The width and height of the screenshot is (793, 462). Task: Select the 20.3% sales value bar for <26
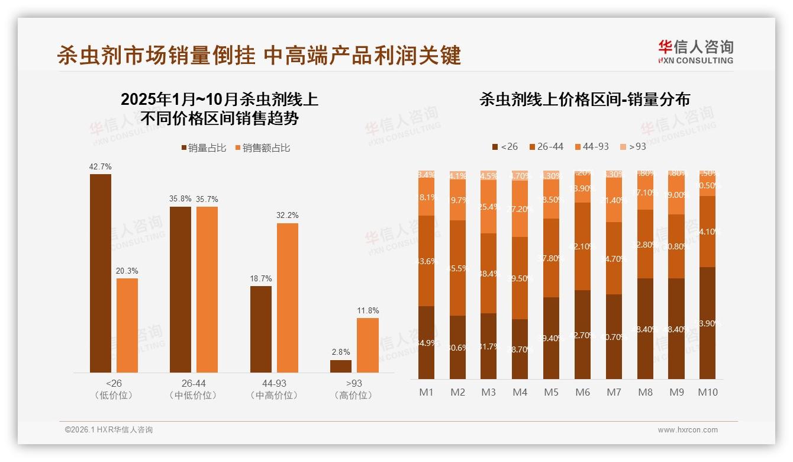[x=127, y=325]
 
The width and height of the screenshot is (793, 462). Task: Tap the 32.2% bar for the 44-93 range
[x=288, y=297]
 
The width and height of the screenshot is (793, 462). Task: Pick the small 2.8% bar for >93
[x=341, y=366]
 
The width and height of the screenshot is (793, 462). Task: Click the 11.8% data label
[x=368, y=310]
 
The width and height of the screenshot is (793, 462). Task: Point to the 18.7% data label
[x=261, y=278]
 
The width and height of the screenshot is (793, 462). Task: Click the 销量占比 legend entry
[x=204, y=148]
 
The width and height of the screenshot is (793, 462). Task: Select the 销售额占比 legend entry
[x=262, y=148]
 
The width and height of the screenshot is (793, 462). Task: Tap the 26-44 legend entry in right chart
[x=546, y=146]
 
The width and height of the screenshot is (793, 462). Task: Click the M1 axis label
[x=426, y=392]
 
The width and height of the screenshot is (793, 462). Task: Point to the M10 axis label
[x=707, y=392]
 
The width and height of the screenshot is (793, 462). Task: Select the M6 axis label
[x=582, y=392]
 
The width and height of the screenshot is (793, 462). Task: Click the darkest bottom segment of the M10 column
[x=707, y=323]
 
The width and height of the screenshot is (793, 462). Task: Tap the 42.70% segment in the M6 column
[x=582, y=335]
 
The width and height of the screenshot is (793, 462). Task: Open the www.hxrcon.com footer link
[x=688, y=430]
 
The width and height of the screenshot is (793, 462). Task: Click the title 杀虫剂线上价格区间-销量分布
[x=585, y=100]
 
